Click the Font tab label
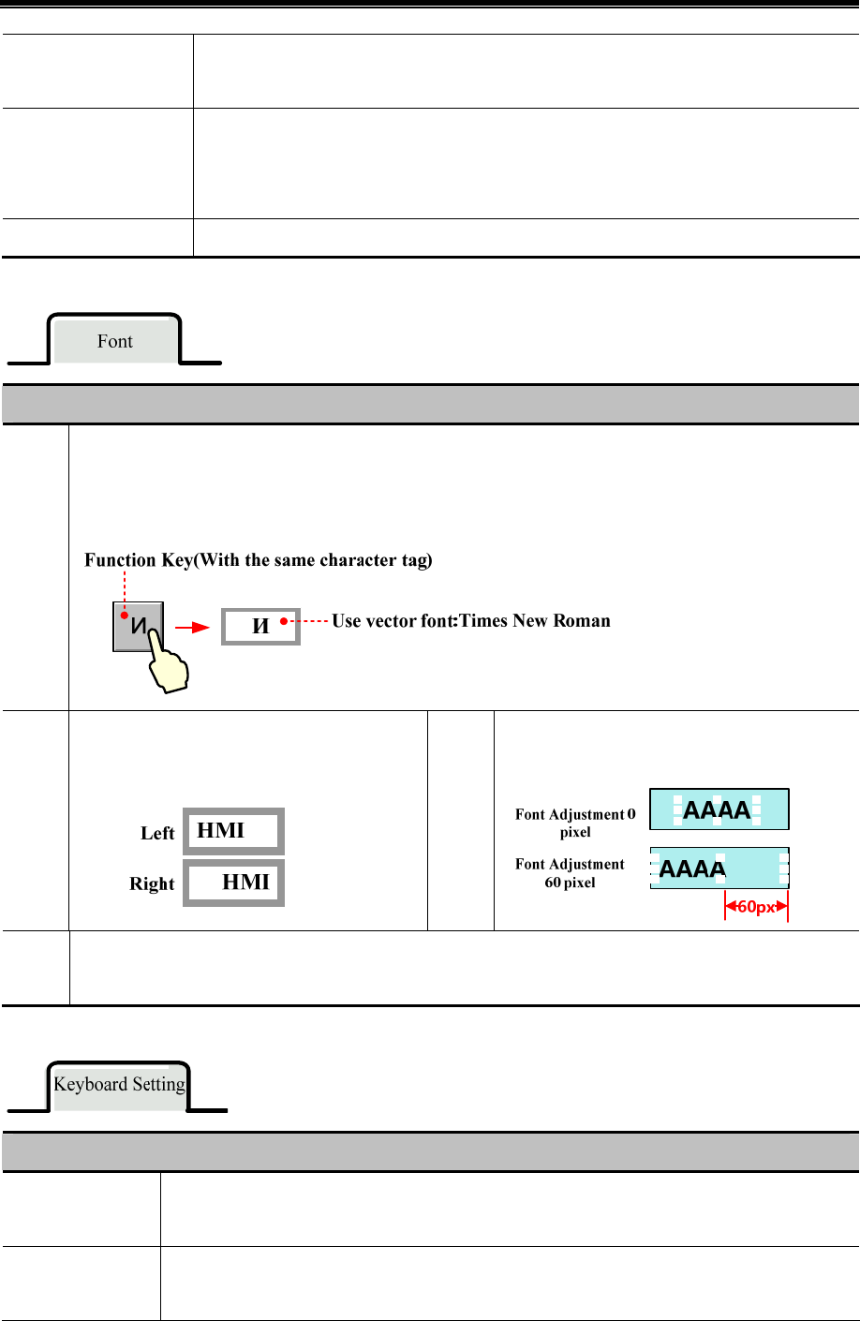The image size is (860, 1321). point(115,341)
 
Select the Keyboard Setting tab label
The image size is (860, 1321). point(119,1084)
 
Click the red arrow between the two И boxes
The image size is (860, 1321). point(193,628)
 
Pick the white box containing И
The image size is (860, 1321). point(260,627)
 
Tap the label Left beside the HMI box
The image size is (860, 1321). point(157,833)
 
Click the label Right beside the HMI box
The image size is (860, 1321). point(152,883)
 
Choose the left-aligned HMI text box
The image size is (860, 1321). point(233,831)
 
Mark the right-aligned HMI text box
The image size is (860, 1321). point(233,883)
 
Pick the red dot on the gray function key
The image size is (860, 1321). point(125,616)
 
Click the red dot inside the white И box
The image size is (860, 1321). point(283,620)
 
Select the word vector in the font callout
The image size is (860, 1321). point(390,620)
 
